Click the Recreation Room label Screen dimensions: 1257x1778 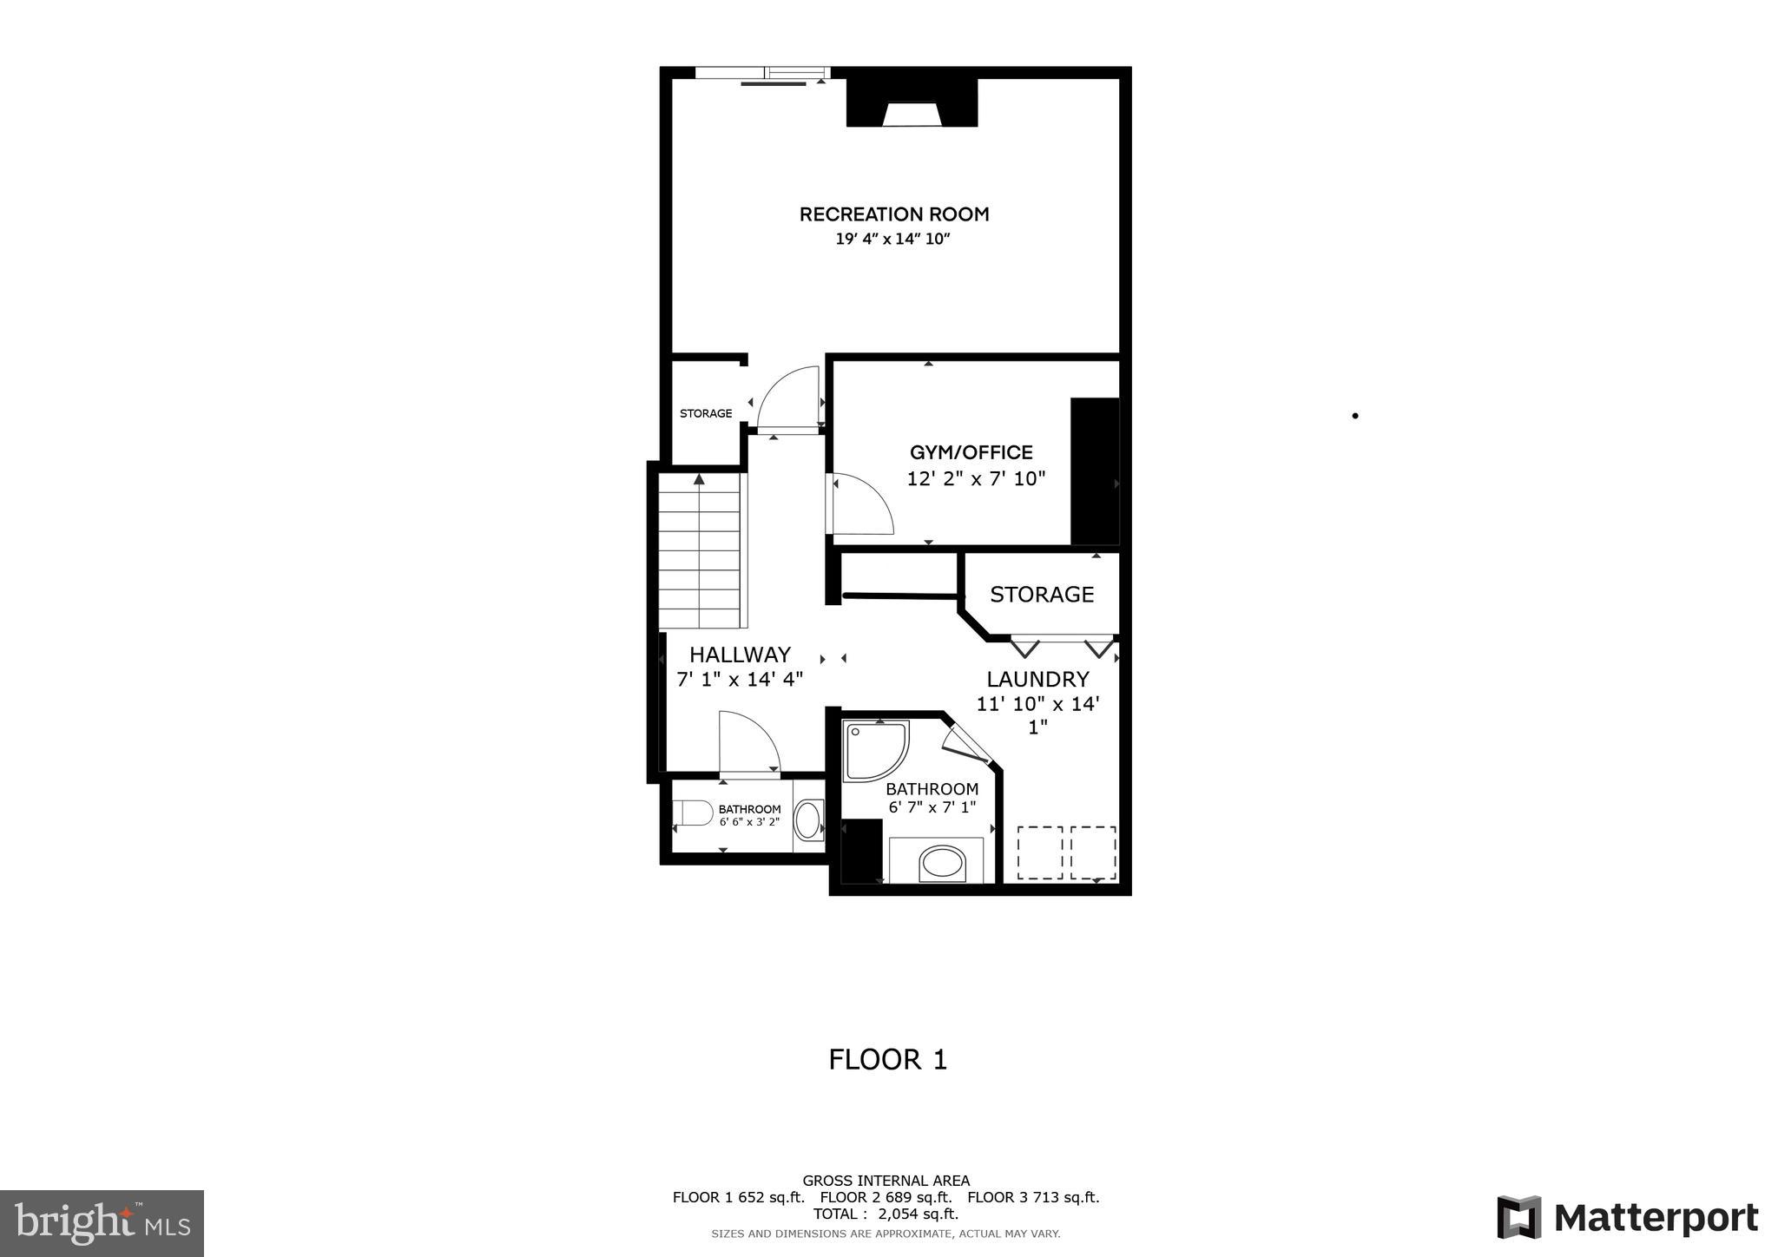coord(893,214)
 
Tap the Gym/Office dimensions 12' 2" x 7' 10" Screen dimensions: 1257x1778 coord(976,478)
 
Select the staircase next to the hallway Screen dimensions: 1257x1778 coord(700,550)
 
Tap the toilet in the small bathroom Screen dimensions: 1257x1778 coord(693,813)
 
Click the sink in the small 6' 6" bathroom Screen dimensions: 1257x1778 coord(808,820)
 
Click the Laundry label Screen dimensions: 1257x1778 coord(1037,679)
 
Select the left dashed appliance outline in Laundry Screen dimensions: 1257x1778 coord(1039,852)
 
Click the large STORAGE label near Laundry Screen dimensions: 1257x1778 coord(1041,595)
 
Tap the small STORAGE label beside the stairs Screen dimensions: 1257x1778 coord(705,413)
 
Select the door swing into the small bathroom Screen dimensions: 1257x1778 coord(748,742)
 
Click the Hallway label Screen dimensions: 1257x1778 coord(740,655)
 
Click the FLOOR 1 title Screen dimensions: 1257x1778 coord(887,1060)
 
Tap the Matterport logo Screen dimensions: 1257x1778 coord(1627,1218)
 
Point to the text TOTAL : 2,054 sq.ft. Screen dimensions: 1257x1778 coord(886,1214)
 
